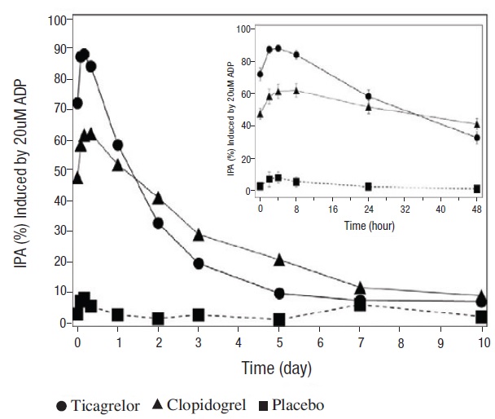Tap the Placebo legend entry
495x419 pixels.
tap(301, 405)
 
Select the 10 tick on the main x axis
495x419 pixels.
tap(482, 342)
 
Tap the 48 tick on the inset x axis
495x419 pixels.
tap(477, 209)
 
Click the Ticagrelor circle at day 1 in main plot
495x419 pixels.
tap(117, 145)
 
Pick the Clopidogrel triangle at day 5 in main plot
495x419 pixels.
tap(279, 259)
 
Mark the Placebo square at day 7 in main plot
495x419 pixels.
tap(360, 305)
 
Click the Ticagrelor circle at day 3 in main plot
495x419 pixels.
tap(198, 263)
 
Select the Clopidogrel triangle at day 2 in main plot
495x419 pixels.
tap(158, 198)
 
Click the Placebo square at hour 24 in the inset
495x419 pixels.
tap(369, 187)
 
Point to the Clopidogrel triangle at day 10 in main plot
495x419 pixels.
tap(482, 295)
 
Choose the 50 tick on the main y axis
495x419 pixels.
tap(59, 171)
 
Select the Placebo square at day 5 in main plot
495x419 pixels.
tap(279, 320)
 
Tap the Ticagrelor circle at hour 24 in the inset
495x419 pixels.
tap(369, 96)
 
